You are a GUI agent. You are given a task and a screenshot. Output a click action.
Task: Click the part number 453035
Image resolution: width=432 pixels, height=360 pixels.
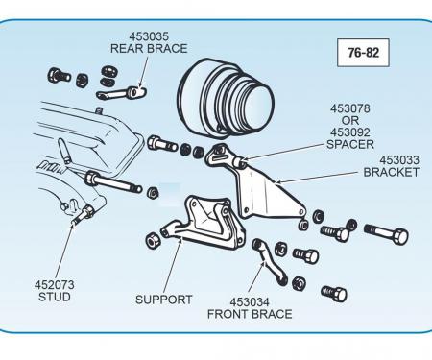tap(149, 36)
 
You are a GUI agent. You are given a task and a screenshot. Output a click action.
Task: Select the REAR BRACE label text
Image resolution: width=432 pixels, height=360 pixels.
tap(149, 49)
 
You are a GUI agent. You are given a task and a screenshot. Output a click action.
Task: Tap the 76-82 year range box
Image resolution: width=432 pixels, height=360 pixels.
tap(363, 53)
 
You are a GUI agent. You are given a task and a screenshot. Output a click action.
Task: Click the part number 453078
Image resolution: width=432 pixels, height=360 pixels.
tap(350, 108)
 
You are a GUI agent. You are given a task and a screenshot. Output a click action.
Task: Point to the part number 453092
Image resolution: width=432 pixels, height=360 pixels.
tap(350, 132)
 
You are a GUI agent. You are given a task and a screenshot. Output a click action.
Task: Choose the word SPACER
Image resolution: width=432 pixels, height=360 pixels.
tap(350, 144)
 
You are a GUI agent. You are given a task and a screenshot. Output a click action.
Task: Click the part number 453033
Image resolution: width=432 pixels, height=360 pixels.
tap(399, 160)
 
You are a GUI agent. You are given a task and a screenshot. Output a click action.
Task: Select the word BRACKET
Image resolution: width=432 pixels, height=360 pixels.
tap(391, 172)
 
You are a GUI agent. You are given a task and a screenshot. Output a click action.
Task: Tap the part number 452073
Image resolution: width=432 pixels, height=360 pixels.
tap(55, 285)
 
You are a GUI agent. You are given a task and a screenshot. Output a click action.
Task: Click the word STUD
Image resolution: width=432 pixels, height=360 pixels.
tap(55, 297)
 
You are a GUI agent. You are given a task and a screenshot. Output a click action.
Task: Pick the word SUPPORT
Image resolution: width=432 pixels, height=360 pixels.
tap(163, 300)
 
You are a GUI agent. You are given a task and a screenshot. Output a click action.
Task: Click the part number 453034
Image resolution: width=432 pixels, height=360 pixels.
tap(250, 302)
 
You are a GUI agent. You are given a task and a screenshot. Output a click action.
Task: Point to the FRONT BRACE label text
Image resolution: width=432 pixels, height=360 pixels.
tap(250, 314)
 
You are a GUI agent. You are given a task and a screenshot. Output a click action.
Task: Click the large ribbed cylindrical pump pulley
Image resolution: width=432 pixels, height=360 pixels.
tap(226, 98)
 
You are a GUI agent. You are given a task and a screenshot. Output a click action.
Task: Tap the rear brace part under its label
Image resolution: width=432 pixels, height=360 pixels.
tap(122, 93)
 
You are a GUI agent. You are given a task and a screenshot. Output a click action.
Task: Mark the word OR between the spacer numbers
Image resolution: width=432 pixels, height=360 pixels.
tap(350, 121)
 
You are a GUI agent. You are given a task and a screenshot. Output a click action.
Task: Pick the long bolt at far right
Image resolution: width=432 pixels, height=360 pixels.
tap(386, 233)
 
